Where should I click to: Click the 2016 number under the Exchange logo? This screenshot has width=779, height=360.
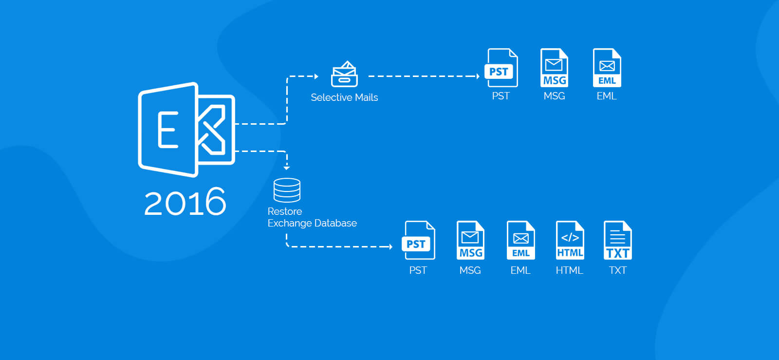coord(185,202)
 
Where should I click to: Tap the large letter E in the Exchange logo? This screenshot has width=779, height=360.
coord(168,130)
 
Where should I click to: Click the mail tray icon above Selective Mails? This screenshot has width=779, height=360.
coord(344,74)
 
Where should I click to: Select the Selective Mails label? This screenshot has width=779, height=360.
coord(344,97)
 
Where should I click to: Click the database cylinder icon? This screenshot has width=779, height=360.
coord(287,190)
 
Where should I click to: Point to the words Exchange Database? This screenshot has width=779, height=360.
coord(312,223)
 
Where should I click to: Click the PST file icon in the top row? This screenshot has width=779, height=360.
coord(501,68)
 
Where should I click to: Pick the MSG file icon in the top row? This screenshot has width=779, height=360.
coord(555,68)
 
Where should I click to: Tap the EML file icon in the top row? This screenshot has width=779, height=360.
coord(607,68)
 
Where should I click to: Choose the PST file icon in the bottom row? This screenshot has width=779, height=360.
coord(418,240)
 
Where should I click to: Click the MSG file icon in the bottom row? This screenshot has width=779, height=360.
coord(470,240)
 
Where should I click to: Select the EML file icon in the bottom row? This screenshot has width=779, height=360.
coord(520,240)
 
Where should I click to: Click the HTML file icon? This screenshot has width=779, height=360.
coord(570,240)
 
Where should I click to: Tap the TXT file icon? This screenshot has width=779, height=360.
coord(618,240)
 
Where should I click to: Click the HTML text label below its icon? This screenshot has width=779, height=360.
coord(569,270)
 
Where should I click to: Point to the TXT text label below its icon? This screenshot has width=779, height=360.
coord(618,270)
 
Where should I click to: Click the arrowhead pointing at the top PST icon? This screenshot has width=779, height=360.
coord(478,76)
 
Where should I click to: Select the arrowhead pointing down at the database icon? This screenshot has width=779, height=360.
coord(287,168)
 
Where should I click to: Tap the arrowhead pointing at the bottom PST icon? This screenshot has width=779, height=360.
coord(391,246)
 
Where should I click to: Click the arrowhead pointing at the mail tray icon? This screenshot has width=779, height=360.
coord(316,76)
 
